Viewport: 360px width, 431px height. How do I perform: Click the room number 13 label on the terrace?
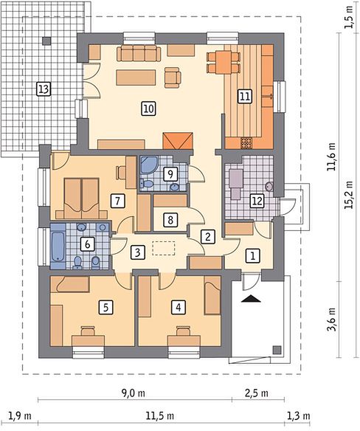44,89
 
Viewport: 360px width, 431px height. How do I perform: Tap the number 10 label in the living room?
149,108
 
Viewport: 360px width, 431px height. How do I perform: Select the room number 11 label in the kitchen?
244,97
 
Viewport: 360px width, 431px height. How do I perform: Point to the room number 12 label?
257,201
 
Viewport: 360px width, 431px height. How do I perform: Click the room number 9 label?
170,173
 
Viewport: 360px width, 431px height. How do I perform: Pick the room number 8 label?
170,220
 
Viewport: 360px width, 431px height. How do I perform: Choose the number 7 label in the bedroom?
117,201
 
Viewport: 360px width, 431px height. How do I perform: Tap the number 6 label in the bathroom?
87,244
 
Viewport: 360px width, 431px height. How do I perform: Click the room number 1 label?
252,256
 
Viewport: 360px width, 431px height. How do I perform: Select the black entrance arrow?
251,298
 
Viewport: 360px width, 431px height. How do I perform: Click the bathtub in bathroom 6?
58,246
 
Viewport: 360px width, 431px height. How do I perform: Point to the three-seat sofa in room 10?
139,54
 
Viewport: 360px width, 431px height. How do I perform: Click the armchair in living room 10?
173,77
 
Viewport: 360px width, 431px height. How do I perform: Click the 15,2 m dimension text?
349,195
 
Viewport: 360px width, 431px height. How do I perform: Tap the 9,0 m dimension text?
134,393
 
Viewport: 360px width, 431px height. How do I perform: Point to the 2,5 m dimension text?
256,393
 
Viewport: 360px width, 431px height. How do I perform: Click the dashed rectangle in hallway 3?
164,248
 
